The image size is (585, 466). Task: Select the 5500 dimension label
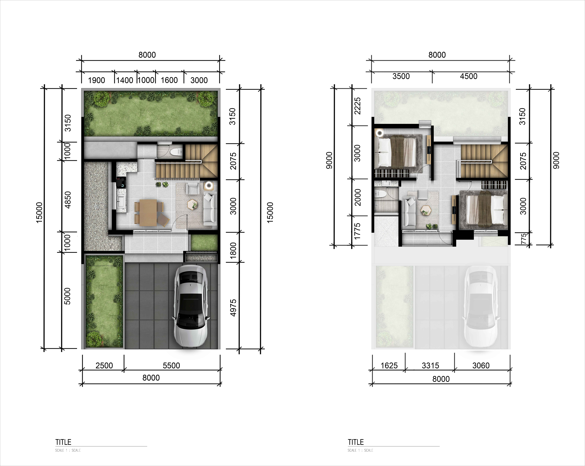click(x=171, y=365)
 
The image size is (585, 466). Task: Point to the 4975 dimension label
click(x=233, y=308)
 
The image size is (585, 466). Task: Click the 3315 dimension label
click(x=430, y=365)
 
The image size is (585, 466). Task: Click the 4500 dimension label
click(x=469, y=76)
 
